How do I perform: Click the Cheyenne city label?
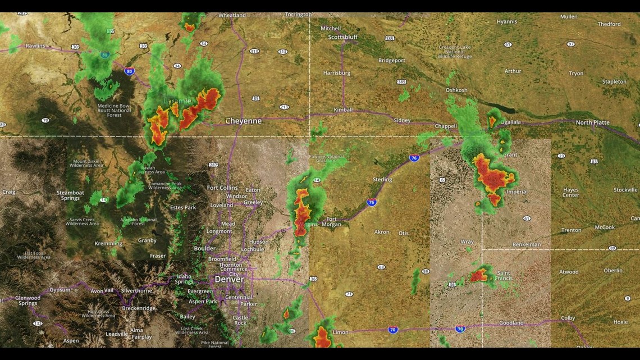tap(244, 121)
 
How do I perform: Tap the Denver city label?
tap(229, 279)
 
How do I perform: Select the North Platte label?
tap(592, 122)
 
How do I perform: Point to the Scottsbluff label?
tap(343, 37)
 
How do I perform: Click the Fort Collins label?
tap(222, 188)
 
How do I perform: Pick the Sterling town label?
tap(382, 180)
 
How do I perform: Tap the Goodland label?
tap(511, 323)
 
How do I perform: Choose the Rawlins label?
tap(35, 46)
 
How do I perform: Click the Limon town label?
tap(341, 332)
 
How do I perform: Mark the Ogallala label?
tap(510, 122)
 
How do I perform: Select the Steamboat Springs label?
tap(70, 195)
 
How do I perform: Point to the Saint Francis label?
tap(503, 276)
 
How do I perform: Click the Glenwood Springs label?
tap(28, 300)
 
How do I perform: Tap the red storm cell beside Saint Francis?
tap(479, 275)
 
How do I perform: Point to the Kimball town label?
tap(343, 110)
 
